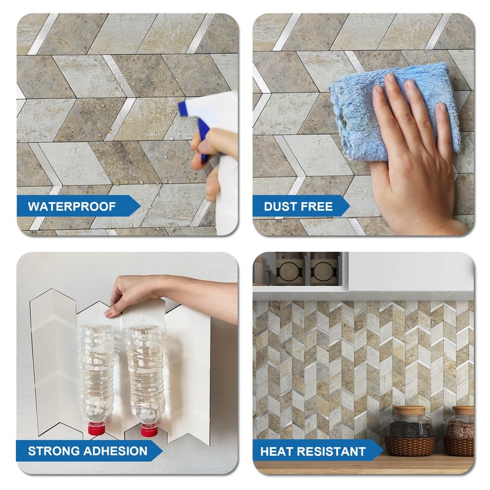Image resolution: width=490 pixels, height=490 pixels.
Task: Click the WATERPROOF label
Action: pos(72,206)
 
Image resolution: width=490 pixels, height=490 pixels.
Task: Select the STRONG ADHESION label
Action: pos(87,452)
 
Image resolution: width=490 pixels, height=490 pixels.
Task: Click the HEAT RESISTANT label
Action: pos(313,452)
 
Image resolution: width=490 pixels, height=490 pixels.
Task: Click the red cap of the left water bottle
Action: pos(96,427)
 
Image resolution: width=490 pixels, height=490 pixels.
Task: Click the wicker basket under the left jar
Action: pos(409,446)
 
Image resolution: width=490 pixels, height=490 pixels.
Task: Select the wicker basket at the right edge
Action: pos(461,446)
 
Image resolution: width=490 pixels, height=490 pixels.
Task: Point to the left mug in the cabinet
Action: pos(290,269)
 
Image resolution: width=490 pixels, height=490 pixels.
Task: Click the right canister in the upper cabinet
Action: pos(325,269)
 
